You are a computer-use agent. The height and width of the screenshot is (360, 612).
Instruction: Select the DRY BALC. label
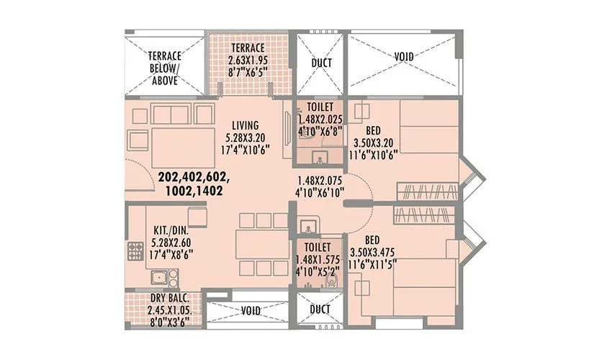click(x=170, y=298)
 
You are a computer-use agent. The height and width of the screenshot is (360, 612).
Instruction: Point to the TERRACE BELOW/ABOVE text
click(x=165, y=68)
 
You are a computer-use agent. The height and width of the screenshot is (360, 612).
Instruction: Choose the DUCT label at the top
click(x=321, y=63)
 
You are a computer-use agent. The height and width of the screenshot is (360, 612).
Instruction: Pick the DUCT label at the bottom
click(x=321, y=310)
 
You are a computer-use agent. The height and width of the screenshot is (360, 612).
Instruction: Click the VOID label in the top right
click(x=404, y=57)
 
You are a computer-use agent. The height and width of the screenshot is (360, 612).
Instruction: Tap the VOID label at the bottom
click(x=251, y=311)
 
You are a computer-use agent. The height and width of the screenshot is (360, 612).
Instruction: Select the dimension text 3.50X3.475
click(x=374, y=252)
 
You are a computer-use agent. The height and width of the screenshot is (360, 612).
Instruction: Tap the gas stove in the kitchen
click(x=135, y=251)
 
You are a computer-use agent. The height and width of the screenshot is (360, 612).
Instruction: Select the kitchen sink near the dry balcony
click(x=160, y=277)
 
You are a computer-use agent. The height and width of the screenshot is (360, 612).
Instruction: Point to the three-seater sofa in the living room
click(x=183, y=113)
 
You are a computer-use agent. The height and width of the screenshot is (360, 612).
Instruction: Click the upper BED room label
click(x=373, y=130)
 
